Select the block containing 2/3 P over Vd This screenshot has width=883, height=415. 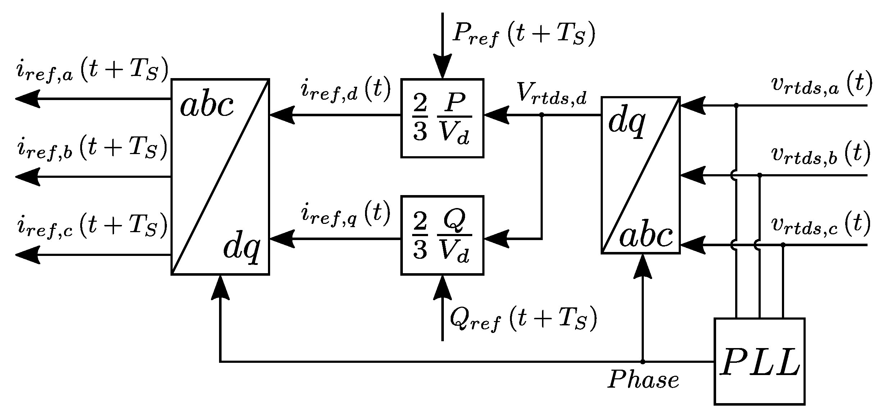[442, 118]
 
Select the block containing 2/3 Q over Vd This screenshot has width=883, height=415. [442, 235]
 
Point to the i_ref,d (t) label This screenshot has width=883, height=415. [345, 90]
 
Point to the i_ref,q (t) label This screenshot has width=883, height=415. [345, 213]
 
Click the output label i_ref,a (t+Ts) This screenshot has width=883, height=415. [92, 71]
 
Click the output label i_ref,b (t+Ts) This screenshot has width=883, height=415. [92, 149]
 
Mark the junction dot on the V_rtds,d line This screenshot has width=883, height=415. [542, 115]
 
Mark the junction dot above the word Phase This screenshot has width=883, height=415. [642, 361]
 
